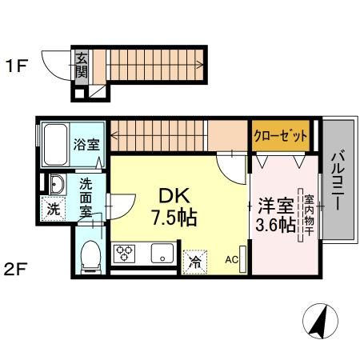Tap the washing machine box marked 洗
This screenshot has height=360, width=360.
click(53, 210)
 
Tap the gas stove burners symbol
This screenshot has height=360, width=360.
click(126, 255)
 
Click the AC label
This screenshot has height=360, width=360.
click(231, 259)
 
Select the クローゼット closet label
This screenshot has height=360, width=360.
click(281, 136)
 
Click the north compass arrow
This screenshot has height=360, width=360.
click(318, 323)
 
